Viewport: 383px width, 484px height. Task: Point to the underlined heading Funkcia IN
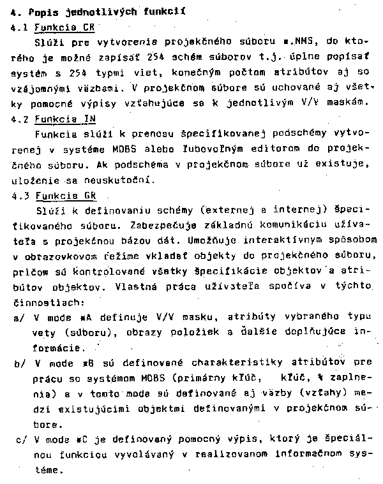[x=64, y=119]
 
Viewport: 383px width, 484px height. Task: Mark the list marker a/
[x=18, y=318]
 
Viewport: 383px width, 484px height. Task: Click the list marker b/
[x=18, y=363]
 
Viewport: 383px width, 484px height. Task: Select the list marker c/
[x=18, y=440]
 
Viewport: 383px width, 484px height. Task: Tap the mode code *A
[x=80, y=318]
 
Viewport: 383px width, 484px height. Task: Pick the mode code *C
[x=80, y=440]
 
